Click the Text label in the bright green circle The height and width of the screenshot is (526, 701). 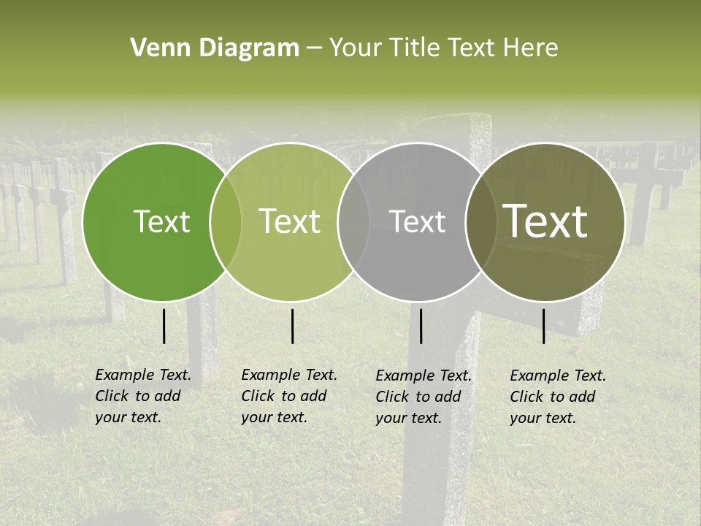pos(161,221)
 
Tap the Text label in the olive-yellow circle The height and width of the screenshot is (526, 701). pos(290,221)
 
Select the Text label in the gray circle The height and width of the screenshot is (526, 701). pos(418,221)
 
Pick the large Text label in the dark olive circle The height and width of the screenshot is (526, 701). pos(545,221)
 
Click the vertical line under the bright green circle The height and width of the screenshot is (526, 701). pos(164,326)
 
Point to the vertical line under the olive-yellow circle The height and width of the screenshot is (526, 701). pos(292,326)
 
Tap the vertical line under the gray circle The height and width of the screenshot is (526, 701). pos(421,326)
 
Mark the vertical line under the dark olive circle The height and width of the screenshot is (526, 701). pos(543,326)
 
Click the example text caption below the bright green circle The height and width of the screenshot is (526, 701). pos(143,396)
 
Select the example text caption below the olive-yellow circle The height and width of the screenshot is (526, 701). pos(289,396)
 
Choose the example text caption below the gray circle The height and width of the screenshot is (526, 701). pos(424,396)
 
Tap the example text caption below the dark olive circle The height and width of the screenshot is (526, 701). pos(558,396)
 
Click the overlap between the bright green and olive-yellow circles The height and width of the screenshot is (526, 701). pos(226,221)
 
